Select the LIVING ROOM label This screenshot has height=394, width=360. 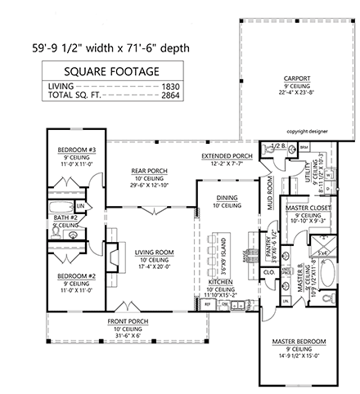click(x=155, y=252)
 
